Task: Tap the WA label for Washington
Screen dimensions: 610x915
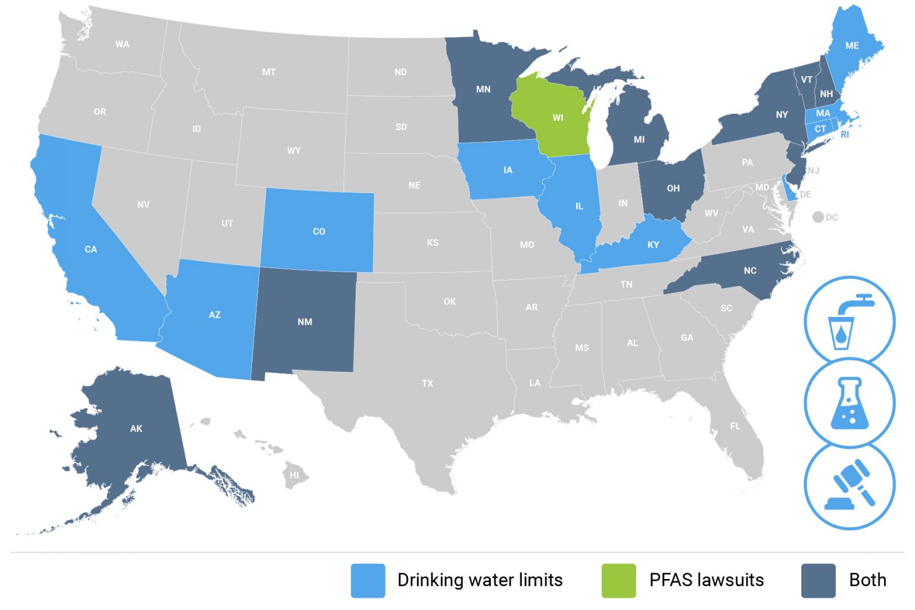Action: coord(122,44)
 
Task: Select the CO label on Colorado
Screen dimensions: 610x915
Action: coord(319,231)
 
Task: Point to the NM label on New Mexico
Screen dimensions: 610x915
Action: coord(304,322)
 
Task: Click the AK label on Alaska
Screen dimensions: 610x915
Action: coord(136,428)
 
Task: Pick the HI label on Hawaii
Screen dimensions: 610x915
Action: coord(294,475)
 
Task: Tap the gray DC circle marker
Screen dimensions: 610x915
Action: coord(818,217)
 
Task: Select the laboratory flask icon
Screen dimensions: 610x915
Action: coord(849,402)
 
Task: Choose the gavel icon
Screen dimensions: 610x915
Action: coord(849,484)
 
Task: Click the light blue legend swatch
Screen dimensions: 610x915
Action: coord(368,580)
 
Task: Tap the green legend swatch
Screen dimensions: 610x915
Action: coord(619,580)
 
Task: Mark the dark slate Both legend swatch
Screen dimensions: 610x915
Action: coord(818,580)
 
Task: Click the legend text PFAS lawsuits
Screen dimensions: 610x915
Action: coord(707,580)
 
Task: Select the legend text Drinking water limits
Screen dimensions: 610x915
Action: coord(480,580)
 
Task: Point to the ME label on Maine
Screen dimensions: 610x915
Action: coord(852,45)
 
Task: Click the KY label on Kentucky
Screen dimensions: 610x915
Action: coord(653,244)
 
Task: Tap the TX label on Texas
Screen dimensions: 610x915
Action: coord(428,383)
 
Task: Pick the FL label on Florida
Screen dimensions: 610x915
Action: coord(735,426)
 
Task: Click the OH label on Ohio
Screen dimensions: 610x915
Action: coord(673,188)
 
